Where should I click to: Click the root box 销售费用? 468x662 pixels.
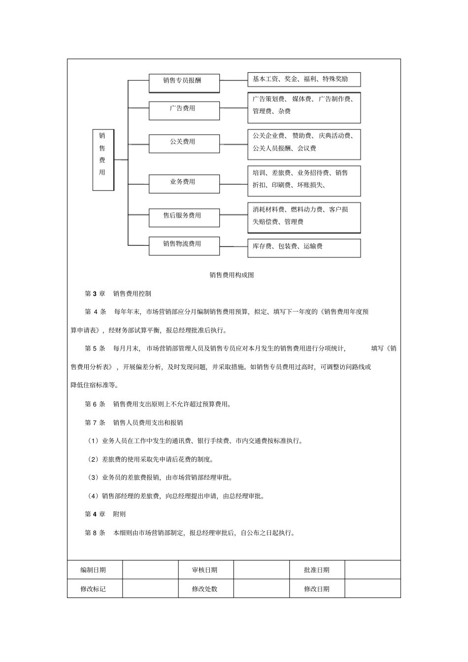point(103,159)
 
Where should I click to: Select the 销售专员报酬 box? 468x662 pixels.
point(184,83)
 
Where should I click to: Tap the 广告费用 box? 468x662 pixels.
point(184,110)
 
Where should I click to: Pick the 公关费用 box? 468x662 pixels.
point(184,144)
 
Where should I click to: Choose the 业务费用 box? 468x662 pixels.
point(184,184)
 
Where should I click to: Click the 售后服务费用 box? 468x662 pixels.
point(184,218)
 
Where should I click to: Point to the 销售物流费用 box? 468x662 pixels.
point(184,246)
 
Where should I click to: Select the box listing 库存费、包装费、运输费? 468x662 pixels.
point(304,248)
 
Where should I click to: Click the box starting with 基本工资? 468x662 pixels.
point(304,79)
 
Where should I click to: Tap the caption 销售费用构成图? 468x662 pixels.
point(232,275)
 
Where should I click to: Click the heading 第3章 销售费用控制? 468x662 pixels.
point(118,294)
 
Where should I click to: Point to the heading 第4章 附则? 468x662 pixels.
point(105,514)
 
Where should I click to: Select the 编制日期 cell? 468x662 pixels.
point(94,570)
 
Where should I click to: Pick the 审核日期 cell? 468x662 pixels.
point(205,570)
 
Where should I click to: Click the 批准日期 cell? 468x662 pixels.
point(317,570)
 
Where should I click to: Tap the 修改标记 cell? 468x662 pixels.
point(94,589)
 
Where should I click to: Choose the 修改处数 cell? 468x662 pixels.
point(205,589)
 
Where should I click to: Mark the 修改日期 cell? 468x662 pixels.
point(317,589)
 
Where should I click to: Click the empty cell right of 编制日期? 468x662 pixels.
point(150,570)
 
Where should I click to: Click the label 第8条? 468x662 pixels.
point(95,533)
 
